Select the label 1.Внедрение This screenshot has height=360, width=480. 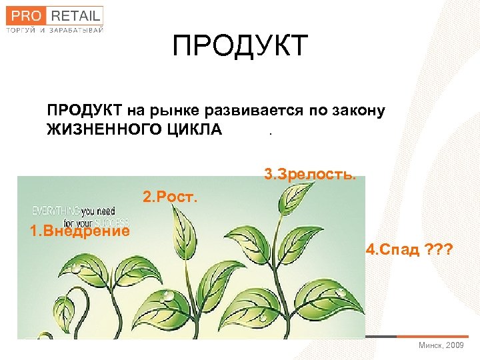click(x=80, y=231)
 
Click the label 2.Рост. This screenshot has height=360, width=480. click(x=171, y=198)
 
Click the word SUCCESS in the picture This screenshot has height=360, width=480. click(x=113, y=222)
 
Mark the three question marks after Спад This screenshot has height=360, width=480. click(x=438, y=250)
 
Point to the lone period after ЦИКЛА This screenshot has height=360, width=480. click(x=270, y=133)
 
